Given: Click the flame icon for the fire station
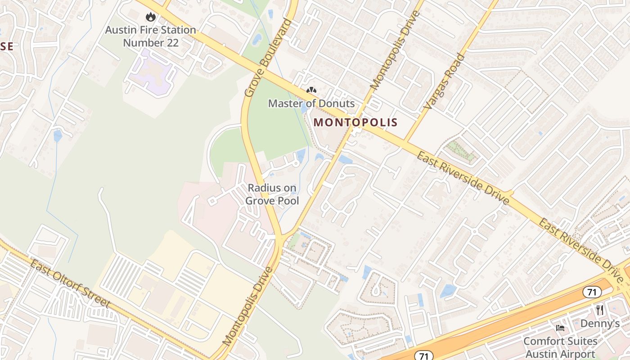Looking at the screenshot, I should coord(150,17).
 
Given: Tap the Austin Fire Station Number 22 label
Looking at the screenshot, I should coord(150,36).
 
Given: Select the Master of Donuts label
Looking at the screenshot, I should coord(311,103).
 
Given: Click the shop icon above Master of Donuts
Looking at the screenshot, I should coord(311,90).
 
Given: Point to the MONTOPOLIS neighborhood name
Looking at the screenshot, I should coord(355,122).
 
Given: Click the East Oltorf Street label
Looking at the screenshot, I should coord(69,283).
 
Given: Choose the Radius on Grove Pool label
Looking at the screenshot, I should coord(272,194).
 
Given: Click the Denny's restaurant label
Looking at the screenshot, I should coord(600,324).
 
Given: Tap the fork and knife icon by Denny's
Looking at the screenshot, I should coord(599,310).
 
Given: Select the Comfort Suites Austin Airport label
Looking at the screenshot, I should coord(560,347).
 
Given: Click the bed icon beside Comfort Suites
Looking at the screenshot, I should coord(560,328).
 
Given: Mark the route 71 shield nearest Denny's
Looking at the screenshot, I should coord(592,292).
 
